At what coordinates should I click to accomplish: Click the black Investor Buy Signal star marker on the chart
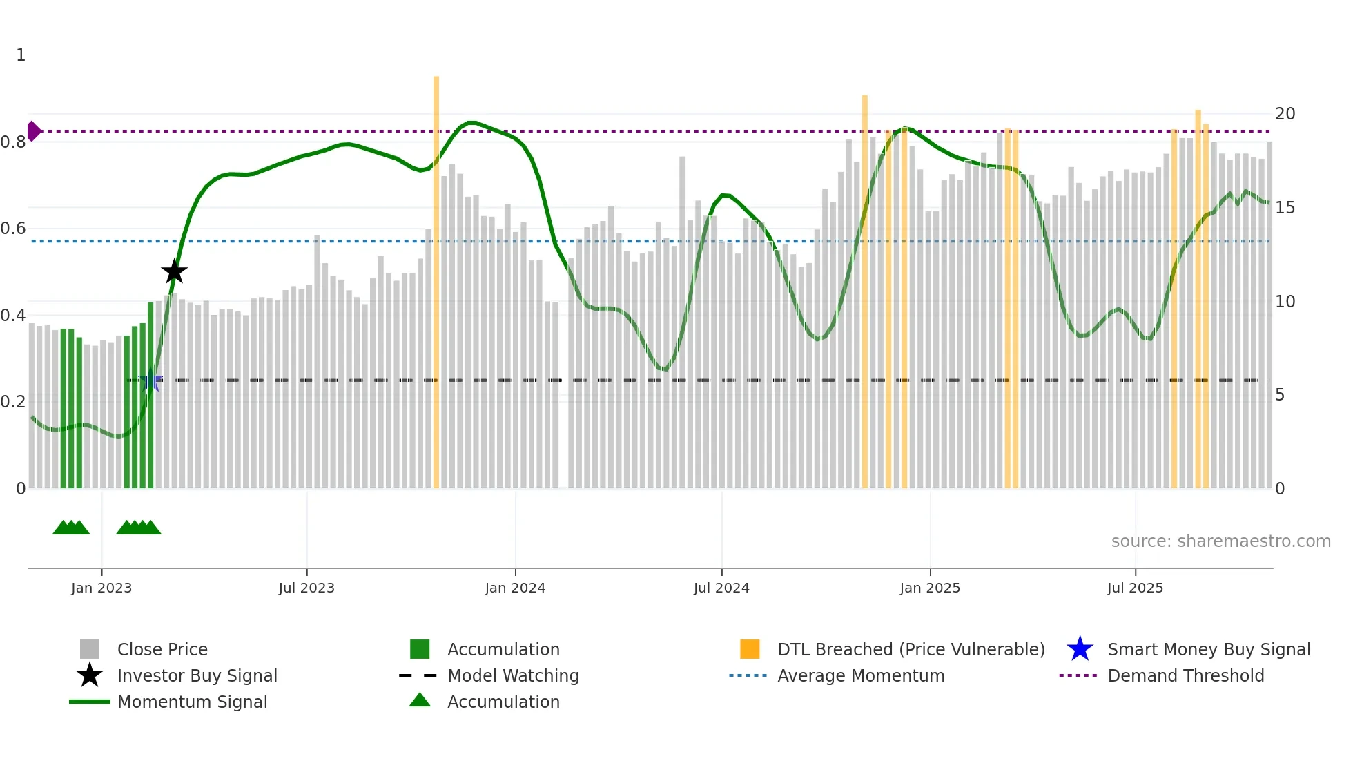174,271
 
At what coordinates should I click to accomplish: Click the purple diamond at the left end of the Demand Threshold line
33,131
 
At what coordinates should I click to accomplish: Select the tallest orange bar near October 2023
436,276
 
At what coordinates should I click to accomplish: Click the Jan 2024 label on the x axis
515,588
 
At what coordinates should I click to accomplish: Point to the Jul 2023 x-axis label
306,588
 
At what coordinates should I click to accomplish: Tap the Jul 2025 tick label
1135,588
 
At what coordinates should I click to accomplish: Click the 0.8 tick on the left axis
14,142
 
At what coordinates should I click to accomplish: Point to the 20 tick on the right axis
1285,114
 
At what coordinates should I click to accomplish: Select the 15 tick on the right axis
1285,208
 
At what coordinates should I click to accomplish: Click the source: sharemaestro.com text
1220,541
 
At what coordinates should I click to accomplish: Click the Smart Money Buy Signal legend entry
1208,649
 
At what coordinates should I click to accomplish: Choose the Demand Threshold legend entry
1185,675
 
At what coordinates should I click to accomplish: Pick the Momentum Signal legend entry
192,702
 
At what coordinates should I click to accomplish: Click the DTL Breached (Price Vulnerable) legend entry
911,649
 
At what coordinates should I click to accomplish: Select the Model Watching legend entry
513,675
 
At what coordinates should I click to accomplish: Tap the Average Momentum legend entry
860,675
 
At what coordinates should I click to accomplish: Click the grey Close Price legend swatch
90,649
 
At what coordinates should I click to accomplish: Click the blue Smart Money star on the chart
150,380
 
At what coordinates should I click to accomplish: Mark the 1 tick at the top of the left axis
21,55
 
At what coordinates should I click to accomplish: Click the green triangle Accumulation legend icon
420,700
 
